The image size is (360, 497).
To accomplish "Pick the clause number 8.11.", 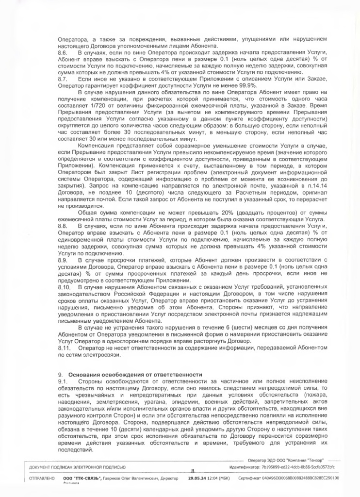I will tap(64, 348).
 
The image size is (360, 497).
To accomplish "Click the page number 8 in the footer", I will tap(193, 470).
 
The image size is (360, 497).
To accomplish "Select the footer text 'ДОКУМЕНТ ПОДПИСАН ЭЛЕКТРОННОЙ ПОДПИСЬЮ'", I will tap(77, 467).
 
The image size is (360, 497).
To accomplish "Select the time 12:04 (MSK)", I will tap(219, 478).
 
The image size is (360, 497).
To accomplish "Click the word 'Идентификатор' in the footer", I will tap(243, 467).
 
